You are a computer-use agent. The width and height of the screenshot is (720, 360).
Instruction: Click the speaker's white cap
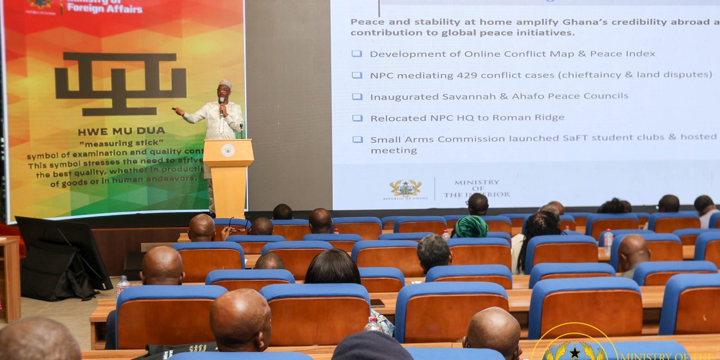pyautogui.click(x=225, y=83)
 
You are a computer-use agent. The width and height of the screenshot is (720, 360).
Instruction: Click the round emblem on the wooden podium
pyautogui.click(x=228, y=150)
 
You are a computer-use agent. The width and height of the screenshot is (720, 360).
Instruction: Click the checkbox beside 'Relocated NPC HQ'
pyautogui.click(x=357, y=118)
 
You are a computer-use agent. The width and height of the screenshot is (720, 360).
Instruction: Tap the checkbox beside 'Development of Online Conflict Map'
pyautogui.click(x=357, y=54)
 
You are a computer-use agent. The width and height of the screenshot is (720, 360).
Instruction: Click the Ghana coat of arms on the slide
pyautogui.click(x=405, y=188)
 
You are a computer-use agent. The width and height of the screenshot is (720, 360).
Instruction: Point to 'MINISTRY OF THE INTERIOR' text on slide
pyautogui.click(x=476, y=189)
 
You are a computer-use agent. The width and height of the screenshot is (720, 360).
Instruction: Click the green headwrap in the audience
pyautogui.click(x=471, y=227)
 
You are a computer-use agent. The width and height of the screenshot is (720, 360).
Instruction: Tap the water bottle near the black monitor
pyautogui.click(x=122, y=286)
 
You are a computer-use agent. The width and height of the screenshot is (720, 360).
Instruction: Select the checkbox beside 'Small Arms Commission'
pyautogui.click(x=357, y=139)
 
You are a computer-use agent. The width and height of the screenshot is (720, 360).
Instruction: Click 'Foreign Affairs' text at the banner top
pyautogui.click(x=105, y=9)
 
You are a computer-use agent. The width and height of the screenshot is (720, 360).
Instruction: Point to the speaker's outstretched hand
pyautogui.click(x=179, y=111)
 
